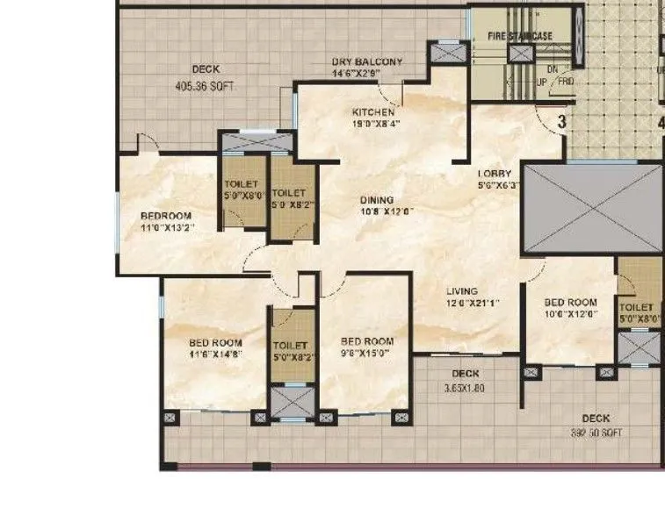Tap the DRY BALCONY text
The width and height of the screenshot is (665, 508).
tap(366, 61)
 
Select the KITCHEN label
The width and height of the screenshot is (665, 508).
tap(373, 112)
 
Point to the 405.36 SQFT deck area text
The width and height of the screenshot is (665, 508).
tap(205, 87)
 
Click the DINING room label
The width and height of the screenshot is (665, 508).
tap(377, 199)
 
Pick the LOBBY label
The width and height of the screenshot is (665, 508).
tap(495, 173)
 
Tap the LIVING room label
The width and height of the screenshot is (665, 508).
tap(461, 291)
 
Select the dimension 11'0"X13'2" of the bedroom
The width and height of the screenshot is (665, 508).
tap(167, 228)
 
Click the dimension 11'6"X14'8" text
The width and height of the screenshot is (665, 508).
tap(215, 354)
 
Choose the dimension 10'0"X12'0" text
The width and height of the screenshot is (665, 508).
tap(570, 313)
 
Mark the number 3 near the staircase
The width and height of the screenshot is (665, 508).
tap(561, 122)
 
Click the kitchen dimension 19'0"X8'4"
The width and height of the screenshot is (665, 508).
tap(373, 124)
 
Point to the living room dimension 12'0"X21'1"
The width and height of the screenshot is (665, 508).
tap(461, 304)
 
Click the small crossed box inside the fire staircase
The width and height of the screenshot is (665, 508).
tap(520, 54)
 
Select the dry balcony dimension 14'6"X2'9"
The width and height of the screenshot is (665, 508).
tap(366, 74)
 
